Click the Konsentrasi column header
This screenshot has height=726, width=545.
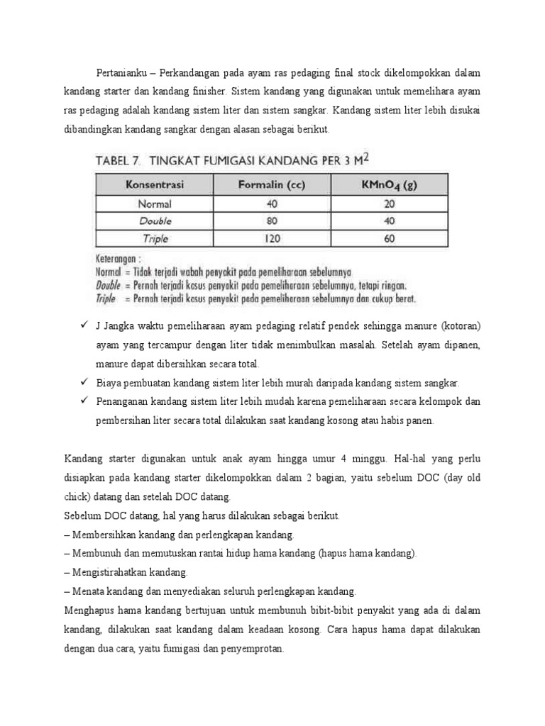(155, 186)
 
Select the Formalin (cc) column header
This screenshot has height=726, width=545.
(271, 186)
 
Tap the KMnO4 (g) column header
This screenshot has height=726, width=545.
(387, 186)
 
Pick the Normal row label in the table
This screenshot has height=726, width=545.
(155, 203)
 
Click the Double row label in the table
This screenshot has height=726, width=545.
(155, 221)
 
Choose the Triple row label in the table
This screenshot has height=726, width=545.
(155, 239)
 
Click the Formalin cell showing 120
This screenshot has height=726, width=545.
(272, 239)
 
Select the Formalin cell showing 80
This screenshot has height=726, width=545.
(272, 221)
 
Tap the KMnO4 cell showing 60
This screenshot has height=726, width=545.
(387, 239)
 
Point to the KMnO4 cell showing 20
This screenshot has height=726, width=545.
(387, 203)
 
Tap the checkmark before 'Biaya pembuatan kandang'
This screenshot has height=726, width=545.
(82, 382)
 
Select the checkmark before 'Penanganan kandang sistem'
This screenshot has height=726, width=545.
(82, 401)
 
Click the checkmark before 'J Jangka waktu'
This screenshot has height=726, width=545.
(82, 325)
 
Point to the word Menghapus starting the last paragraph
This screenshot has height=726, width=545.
(89, 609)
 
